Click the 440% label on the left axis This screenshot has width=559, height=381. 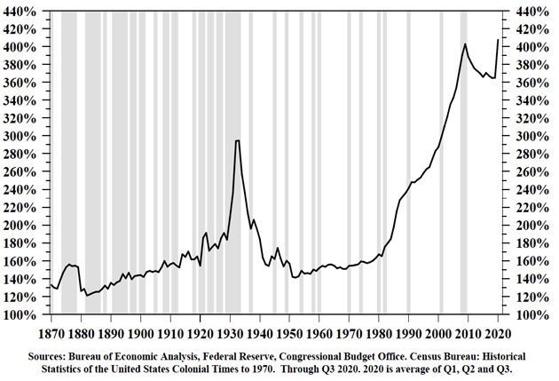(23, 11)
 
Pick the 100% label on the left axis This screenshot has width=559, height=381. (23, 314)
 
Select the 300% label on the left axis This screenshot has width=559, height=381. (23, 136)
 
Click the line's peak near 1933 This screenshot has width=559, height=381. (237, 140)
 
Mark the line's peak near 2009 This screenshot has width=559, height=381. (465, 44)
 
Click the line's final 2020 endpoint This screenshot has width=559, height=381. (498, 40)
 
